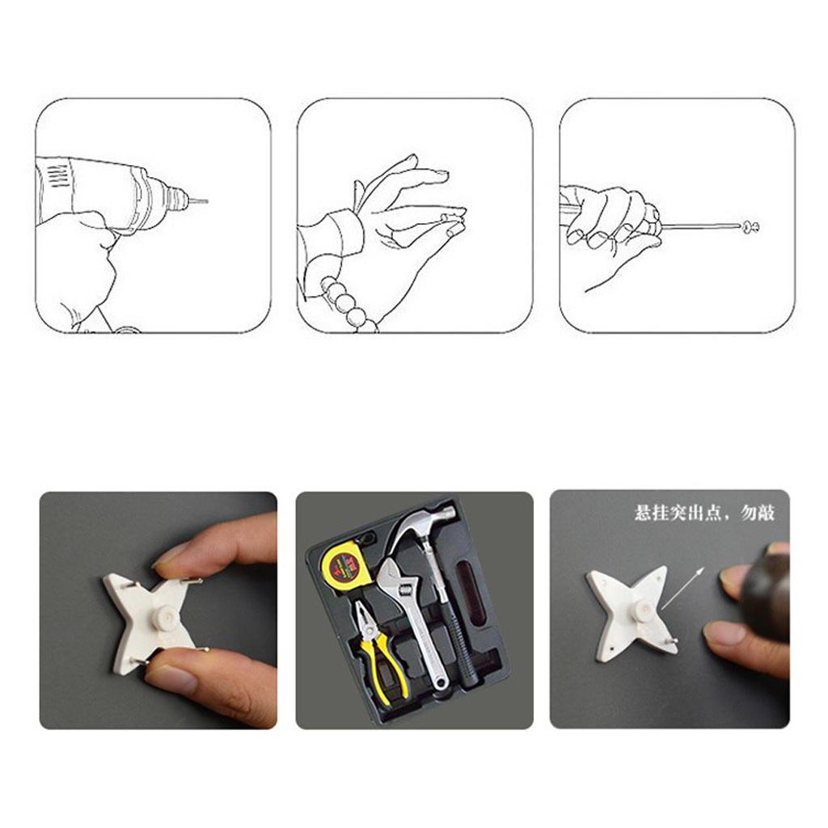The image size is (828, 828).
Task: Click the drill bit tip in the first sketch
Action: tap(207, 201)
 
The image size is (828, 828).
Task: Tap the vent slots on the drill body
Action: tap(60, 175)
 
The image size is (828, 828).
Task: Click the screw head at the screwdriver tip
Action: tap(751, 227)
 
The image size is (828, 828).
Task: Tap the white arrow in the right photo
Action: tap(682, 589)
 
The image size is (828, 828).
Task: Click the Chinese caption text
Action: tap(704, 513)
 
